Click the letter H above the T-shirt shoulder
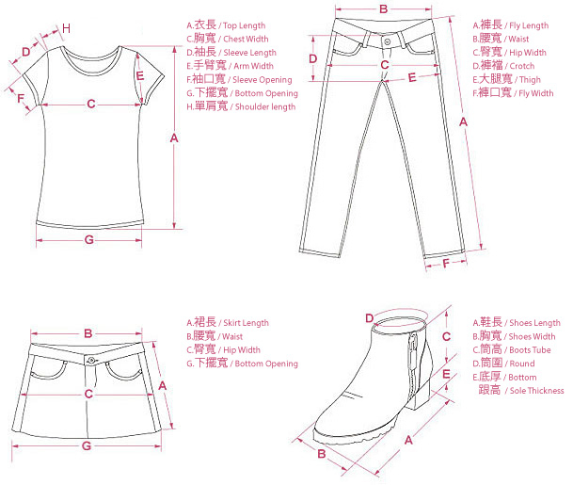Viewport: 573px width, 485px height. pos(66,27)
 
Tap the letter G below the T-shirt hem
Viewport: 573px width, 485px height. pos(89,240)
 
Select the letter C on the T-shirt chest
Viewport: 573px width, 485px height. pos(91,104)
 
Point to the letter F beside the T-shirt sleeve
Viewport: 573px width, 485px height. pos(20,97)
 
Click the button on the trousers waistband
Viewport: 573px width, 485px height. pos(388,42)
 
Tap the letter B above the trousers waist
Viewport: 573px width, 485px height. pos(383,9)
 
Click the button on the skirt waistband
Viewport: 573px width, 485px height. pos(90,360)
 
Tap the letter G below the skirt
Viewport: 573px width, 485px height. pos(86,445)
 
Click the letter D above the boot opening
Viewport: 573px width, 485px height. pos(370,317)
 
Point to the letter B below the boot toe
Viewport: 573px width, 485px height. pos(321,454)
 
